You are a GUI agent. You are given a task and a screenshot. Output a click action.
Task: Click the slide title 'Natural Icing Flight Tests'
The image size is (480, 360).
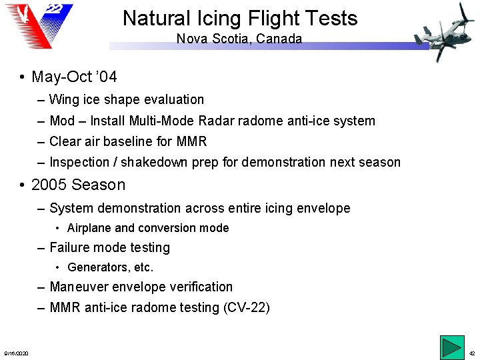tap(240, 18)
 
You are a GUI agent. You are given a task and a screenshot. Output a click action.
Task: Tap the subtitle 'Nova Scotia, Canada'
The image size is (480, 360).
tap(239, 39)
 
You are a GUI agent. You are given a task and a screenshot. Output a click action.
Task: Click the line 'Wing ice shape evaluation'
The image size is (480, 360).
tap(127, 99)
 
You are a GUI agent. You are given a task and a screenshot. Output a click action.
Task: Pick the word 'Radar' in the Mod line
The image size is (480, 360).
tap(213, 121)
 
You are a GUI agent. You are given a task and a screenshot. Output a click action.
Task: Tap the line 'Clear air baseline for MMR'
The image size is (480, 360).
tap(128, 141)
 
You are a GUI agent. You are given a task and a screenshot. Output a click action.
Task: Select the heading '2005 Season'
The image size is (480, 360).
tap(78, 185)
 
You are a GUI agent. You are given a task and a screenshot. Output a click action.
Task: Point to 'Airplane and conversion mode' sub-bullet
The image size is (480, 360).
tap(148, 228)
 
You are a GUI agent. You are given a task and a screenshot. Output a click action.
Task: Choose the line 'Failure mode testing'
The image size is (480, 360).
tap(109, 247)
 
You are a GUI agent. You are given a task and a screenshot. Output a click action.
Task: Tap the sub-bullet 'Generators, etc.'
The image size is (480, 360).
tap(111, 267)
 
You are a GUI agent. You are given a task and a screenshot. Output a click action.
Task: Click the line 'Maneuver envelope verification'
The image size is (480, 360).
tap(141, 287)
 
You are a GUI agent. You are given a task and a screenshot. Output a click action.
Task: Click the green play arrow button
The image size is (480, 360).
tap(451, 349)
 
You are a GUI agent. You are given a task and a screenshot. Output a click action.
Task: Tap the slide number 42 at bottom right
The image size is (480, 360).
tap(472, 353)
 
